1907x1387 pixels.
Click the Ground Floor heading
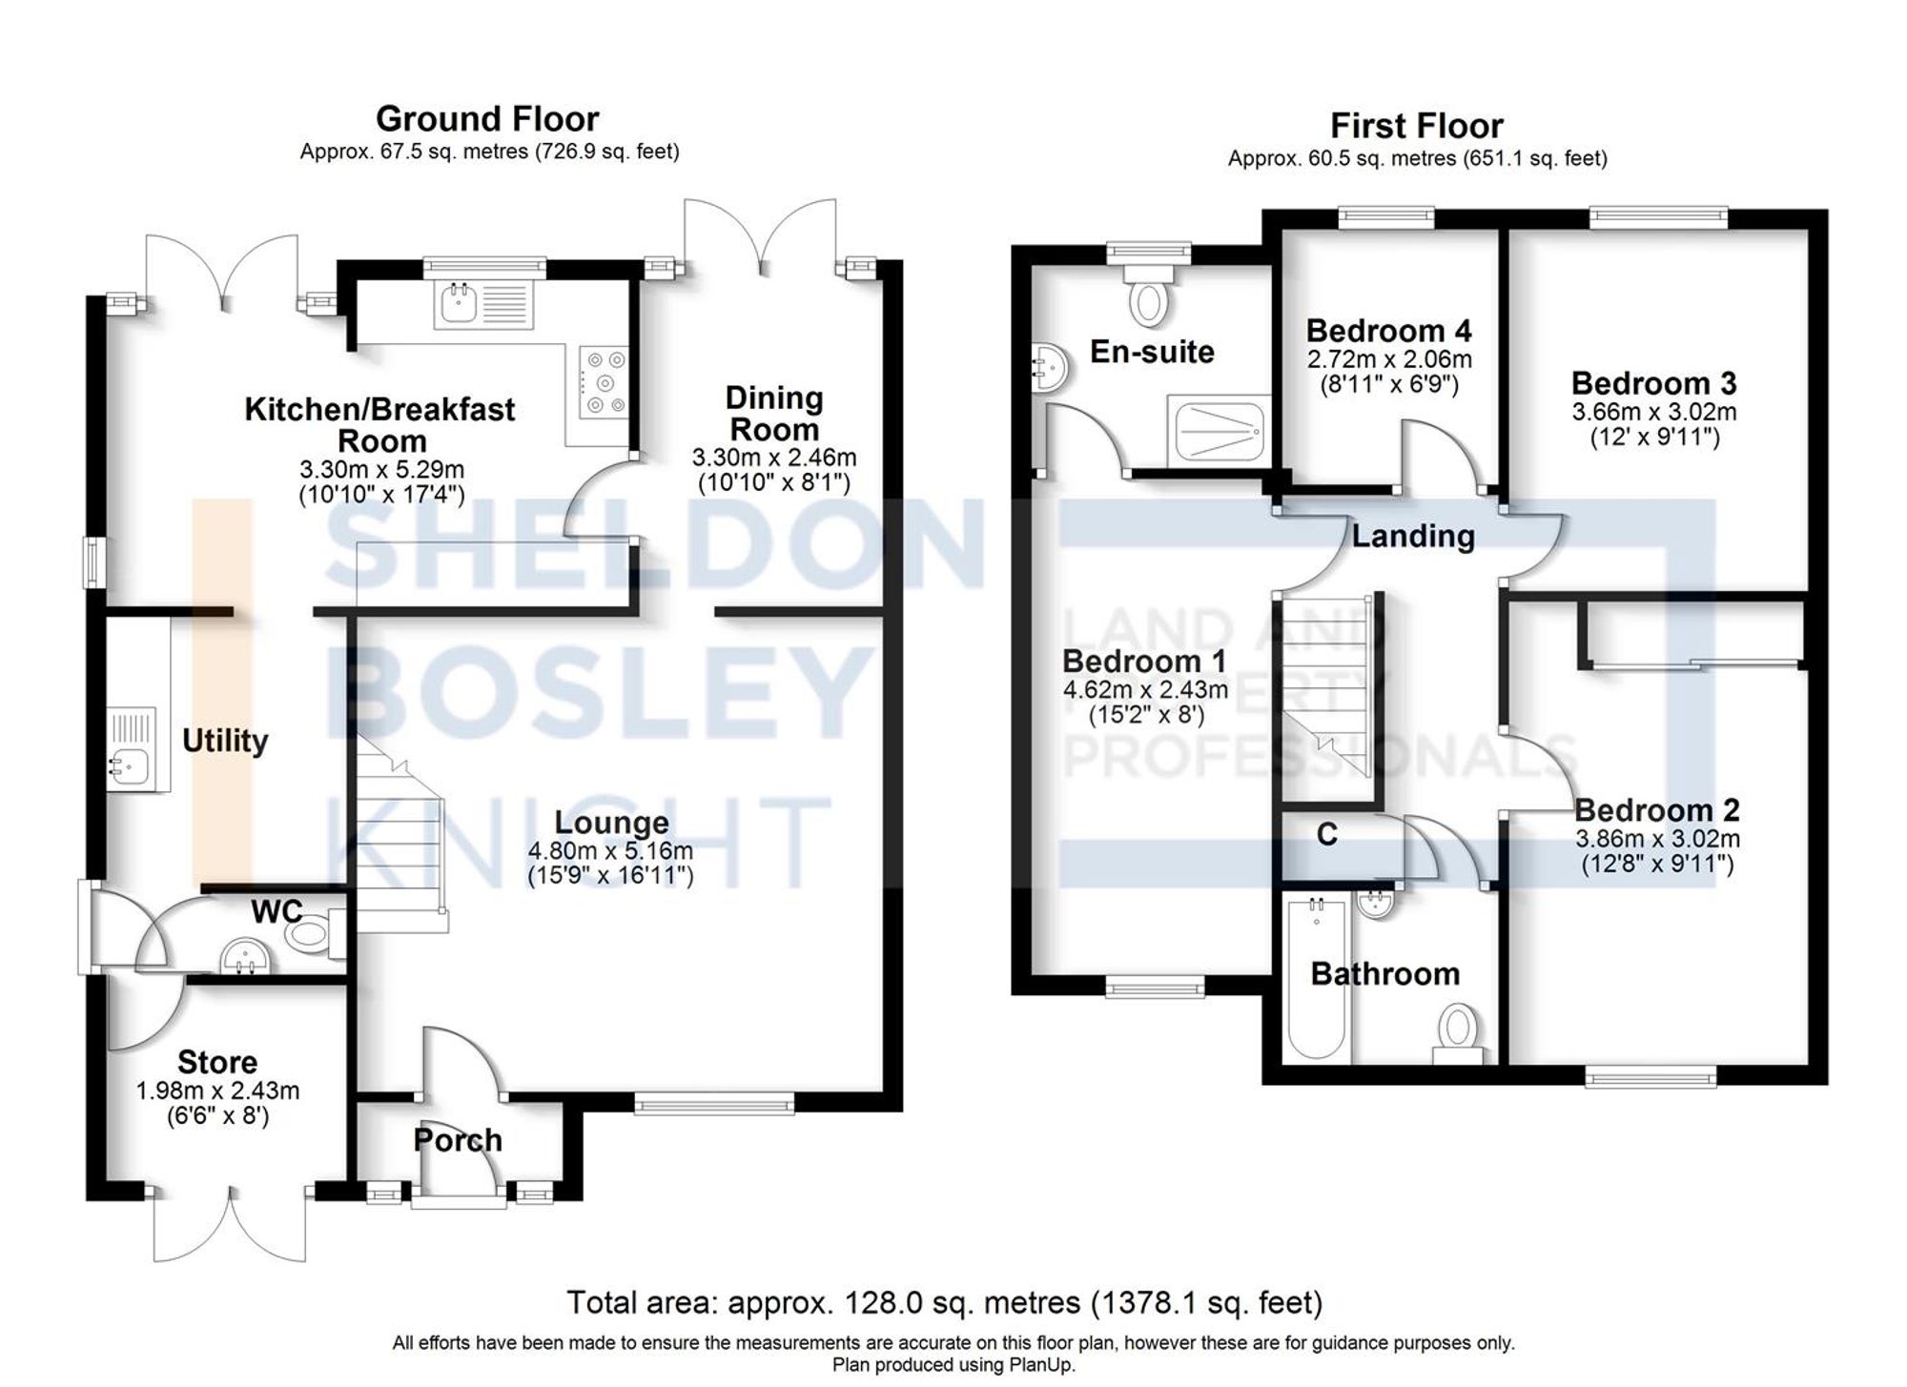tap(487, 119)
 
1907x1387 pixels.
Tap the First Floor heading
tap(1416, 126)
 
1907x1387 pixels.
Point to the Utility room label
tap(225, 741)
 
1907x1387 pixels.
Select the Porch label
tap(458, 1140)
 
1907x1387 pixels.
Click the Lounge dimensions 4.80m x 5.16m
tap(610, 850)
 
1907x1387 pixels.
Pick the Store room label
tap(217, 1062)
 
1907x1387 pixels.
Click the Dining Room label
tap(773, 414)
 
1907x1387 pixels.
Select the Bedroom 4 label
tap(1388, 331)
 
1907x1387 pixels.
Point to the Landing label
tap(1413, 536)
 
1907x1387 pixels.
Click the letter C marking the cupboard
tap(1326, 835)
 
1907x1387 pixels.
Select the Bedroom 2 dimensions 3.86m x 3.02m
tap(1657, 840)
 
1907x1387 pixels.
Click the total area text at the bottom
tap(944, 1302)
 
